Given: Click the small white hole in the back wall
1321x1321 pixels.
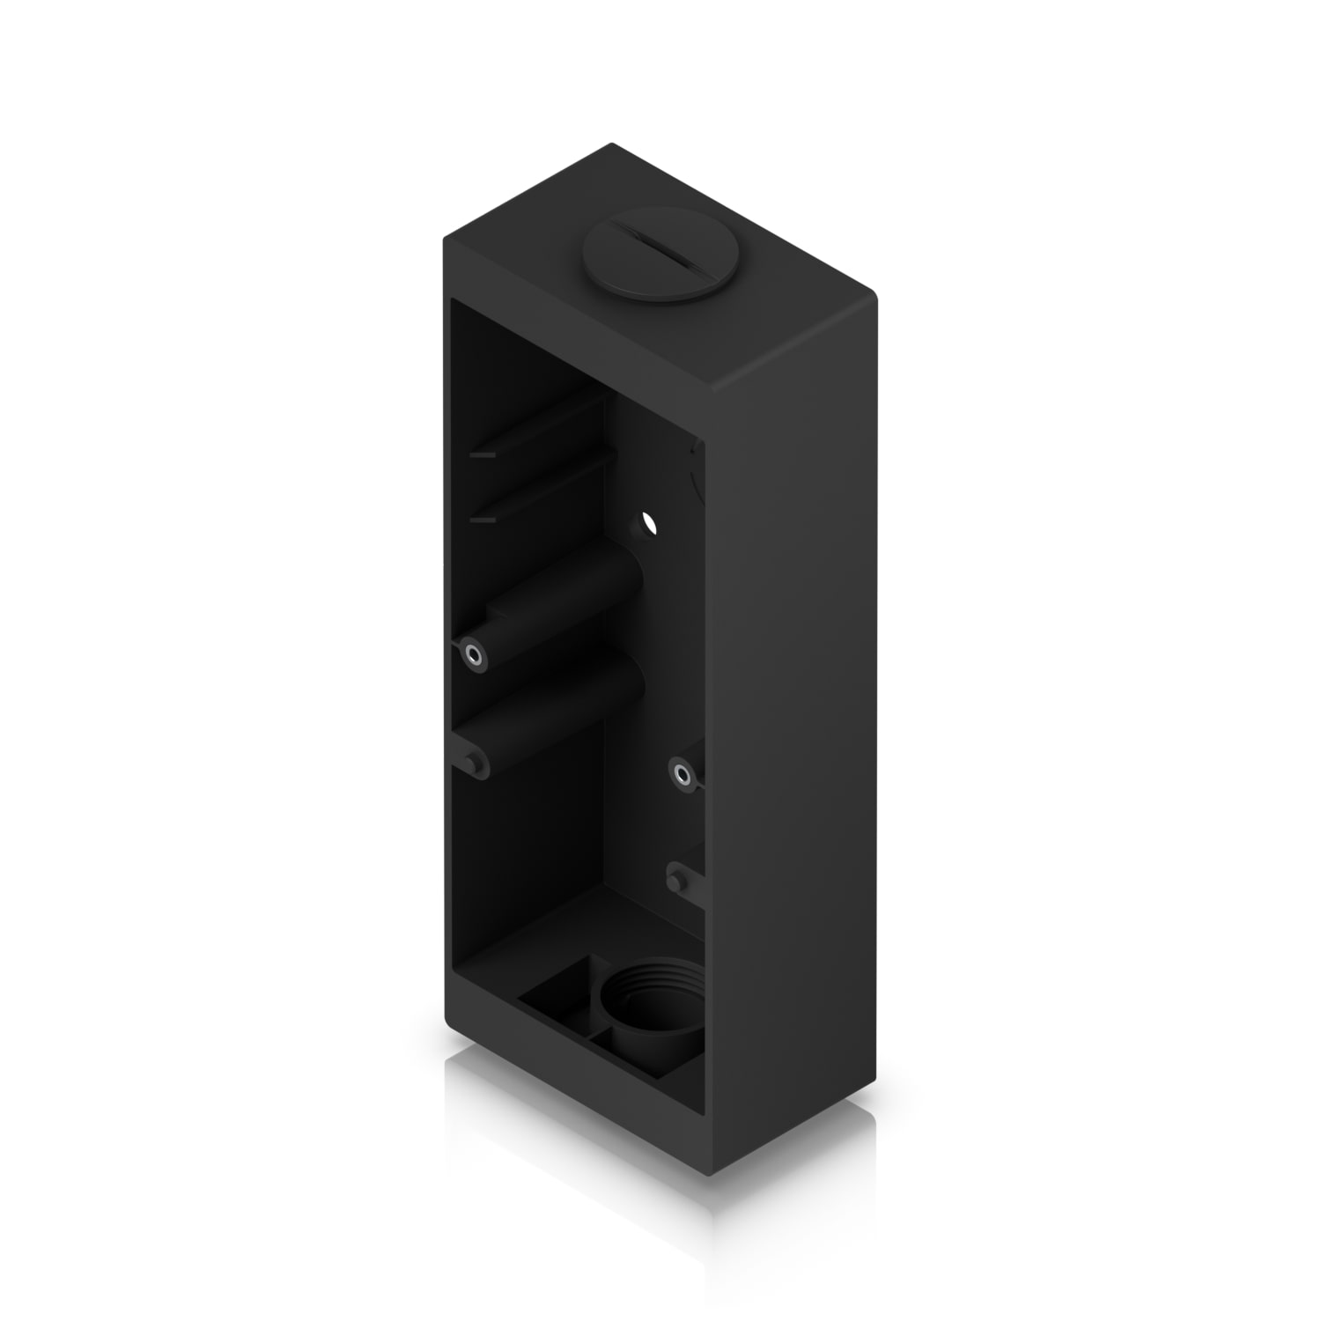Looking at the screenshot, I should [x=650, y=523].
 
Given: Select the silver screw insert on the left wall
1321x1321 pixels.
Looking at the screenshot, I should [x=474, y=654].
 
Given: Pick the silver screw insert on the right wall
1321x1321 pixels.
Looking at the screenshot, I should [x=681, y=774].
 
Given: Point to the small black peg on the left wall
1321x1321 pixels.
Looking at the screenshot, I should [x=476, y=764].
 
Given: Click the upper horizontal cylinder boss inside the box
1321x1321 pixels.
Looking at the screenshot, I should [x=564, y=599].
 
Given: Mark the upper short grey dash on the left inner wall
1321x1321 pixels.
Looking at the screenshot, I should [x=483, y=456].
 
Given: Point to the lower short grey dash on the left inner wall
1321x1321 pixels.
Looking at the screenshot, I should [x=483, y=521].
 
